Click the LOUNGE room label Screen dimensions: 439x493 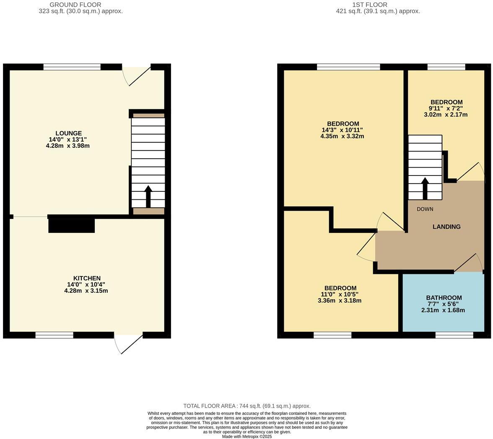pos(68,134)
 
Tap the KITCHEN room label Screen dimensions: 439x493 pos(87,278)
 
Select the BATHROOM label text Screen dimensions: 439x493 pos(444,298)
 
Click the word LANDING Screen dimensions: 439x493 pos(446,227)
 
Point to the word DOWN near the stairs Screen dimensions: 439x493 pos(425,209)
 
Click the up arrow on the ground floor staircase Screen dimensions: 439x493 pos(148,196)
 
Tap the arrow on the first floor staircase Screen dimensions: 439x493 pos(425,188)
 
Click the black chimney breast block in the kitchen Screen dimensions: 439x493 pos(72,226)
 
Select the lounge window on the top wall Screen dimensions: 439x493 pos(72,67)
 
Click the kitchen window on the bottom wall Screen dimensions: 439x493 pos(54,335)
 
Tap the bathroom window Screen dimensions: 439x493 pos(454,335)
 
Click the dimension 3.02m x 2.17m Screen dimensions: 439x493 pos(446,114)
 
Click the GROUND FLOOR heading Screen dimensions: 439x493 pos(75,5)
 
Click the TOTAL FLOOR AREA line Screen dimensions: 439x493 pos(247,406)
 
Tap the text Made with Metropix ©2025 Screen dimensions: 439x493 pos(247,436)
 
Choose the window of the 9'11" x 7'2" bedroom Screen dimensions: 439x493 pos(446,67)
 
